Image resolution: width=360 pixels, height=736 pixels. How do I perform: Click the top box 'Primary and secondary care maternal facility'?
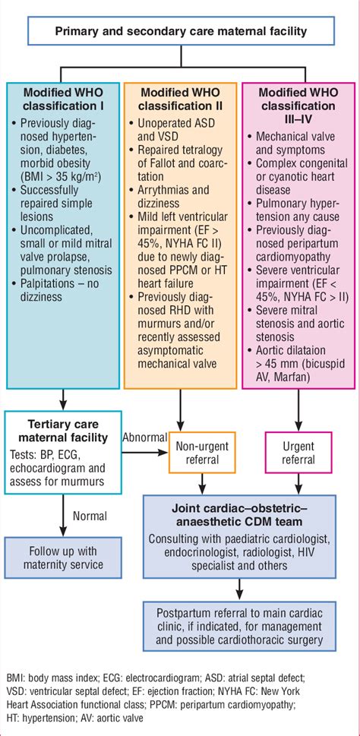(x=179, y=32)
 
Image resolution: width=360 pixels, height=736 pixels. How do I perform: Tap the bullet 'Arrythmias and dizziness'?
(x=172, y=202)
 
